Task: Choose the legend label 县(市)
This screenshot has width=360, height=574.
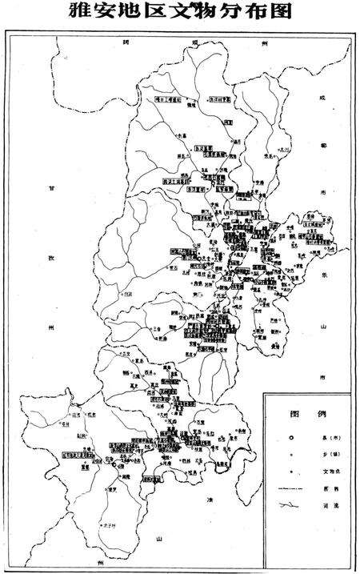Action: [328, 439]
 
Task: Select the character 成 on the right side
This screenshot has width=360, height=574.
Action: [323, 98]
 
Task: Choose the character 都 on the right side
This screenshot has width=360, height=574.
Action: [323, 146]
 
